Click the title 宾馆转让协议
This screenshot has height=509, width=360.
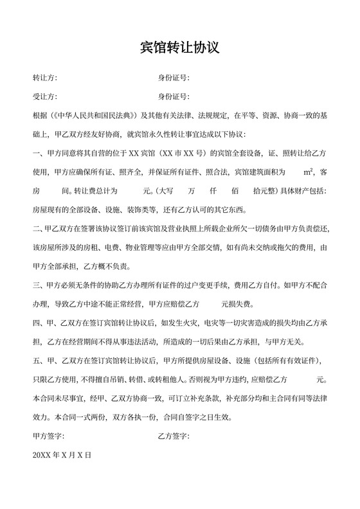[180, 48]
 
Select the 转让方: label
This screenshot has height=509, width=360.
[45, 78]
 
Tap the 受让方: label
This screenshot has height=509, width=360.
[45, 97]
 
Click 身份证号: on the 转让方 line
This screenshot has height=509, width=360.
[173, 78]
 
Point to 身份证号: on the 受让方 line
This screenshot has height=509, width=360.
[173, 97]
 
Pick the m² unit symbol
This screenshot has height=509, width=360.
[308, 172]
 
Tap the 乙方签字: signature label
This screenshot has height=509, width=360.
[173, 436]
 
